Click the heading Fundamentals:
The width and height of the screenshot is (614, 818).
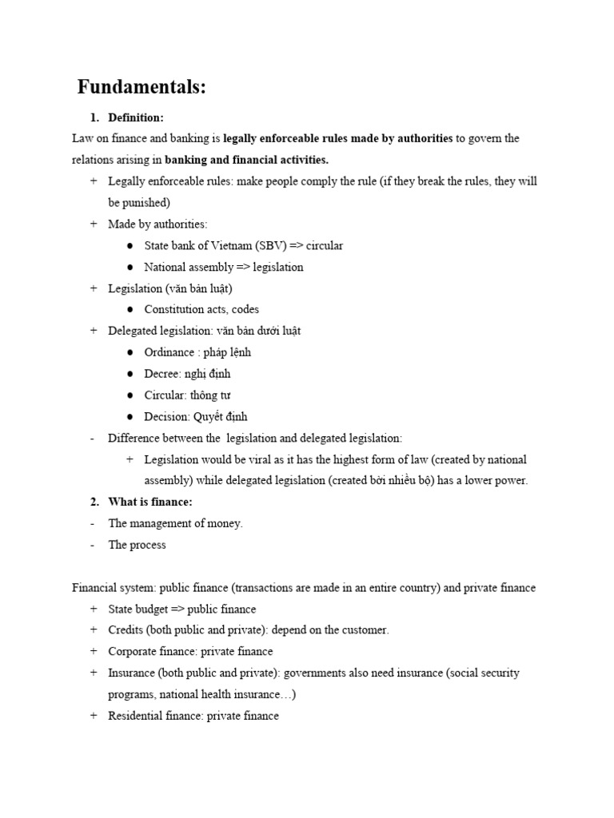[x=142, y=87]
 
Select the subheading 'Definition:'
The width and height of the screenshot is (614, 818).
[x=136, y=117]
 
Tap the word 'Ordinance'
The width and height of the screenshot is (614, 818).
[x=169, y=352]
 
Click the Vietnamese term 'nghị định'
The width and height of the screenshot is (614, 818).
[x=208, y=374]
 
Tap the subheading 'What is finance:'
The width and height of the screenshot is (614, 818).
[x=150, y=502]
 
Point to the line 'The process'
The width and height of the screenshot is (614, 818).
[x=138, y=545]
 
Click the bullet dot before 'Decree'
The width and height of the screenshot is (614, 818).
[x=130, y=374]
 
